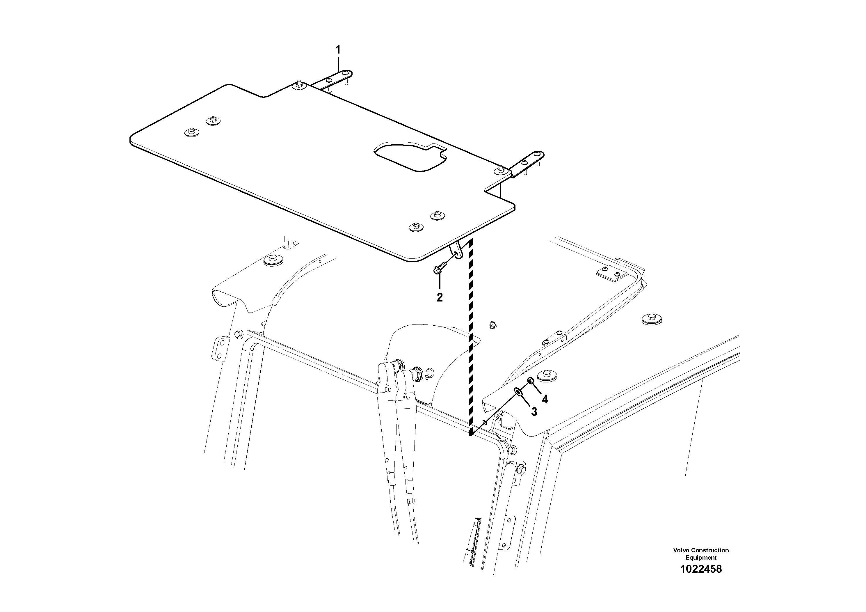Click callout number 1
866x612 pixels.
(x=338, y=49)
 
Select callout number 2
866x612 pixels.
(x=440, y=297)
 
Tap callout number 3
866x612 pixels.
(x=534, y=412)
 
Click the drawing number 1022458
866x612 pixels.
(x=700, y=579)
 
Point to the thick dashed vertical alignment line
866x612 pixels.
(x=471, y=340)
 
